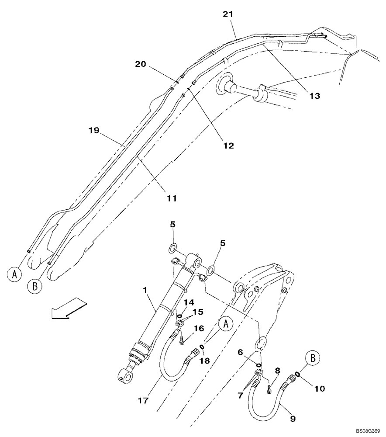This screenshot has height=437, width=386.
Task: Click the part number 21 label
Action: [228, 14]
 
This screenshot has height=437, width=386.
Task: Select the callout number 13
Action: [314, 95]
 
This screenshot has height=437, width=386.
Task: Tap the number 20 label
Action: [140, 64]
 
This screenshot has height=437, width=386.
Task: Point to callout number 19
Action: [93, 130]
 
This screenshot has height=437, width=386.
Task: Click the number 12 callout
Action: [228, 146]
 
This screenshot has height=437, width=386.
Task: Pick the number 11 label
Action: [172, 198]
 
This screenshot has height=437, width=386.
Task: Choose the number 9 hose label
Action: [293, 418]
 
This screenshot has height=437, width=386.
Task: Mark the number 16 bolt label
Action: [199, 328]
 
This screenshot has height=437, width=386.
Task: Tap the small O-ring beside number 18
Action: [202, 347]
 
